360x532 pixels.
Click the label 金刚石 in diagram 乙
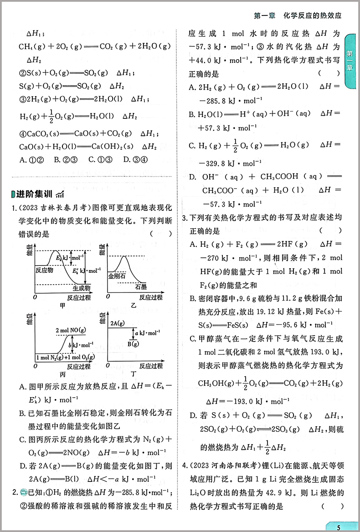[x=117, y=276]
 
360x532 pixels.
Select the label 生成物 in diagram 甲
[x=82, y=288]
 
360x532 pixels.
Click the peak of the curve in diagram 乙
[x=123, y=258]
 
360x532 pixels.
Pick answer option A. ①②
[x=32, y=159]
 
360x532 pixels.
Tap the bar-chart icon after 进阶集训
[x=60, y=195]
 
